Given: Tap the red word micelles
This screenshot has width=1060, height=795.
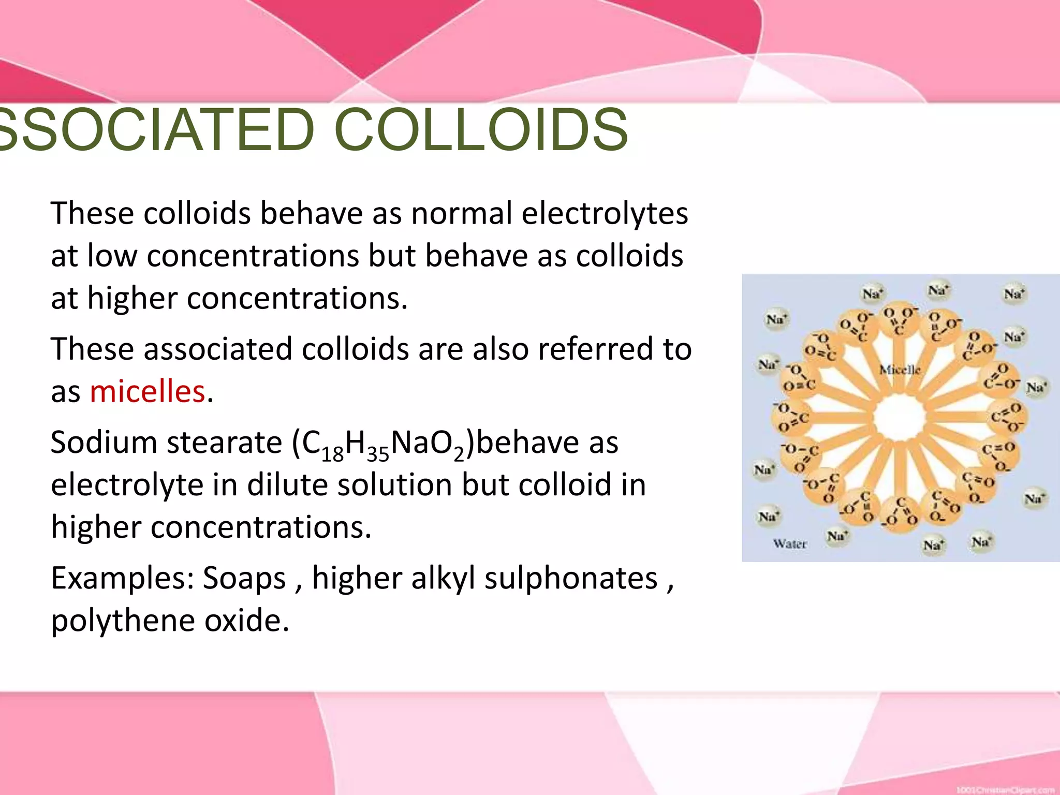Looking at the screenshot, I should point(148,392).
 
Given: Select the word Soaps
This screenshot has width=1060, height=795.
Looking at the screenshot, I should point(244,579).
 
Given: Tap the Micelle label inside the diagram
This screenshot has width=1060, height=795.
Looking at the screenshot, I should point(901,370).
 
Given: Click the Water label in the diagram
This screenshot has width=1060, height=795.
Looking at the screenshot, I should point(790,543).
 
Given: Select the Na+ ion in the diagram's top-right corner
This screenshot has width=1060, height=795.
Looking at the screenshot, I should point(1014,295).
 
